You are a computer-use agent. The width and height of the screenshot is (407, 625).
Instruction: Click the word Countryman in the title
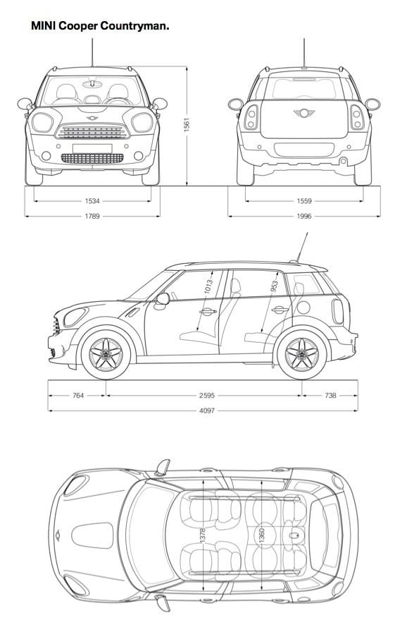[x=135, y=26]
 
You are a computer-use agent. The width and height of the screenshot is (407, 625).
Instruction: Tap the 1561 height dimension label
[x=187, y=125]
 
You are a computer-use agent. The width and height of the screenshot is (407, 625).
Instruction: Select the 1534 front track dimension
[x=92, y=201]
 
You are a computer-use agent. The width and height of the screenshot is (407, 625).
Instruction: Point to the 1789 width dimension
[x=92, y=216]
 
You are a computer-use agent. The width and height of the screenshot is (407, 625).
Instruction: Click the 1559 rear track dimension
[x=304, y=201]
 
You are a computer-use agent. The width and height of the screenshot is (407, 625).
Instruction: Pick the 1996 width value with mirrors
[x=304, y=216]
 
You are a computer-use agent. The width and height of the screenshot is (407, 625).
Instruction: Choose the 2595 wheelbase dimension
[x=207, y=396]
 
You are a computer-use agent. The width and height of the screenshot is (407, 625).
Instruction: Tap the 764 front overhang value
[x=78, y=396]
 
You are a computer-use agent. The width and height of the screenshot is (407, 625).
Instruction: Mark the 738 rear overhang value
[x=330, y=396]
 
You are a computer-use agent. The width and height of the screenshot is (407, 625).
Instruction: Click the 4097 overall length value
[x=207, y=410]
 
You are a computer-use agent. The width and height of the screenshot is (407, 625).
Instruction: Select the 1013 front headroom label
[x=208, y=286]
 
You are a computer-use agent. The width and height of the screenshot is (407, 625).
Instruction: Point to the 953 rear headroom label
[x=274, y=286]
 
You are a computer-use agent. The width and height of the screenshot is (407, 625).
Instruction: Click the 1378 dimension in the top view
[x=202, y=535]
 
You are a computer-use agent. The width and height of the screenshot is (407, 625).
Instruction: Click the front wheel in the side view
[x=106, y=354]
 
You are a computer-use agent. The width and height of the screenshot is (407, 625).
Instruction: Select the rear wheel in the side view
[x=302, y=354]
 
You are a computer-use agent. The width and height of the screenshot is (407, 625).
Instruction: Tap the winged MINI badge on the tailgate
[x=304, y=113]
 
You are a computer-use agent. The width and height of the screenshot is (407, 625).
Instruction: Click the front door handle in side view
[x=208, y=311]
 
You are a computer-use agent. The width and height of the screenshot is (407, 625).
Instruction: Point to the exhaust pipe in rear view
[x=343, y=161]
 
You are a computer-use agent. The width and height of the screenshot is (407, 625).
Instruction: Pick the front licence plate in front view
[x=92, y=148]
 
